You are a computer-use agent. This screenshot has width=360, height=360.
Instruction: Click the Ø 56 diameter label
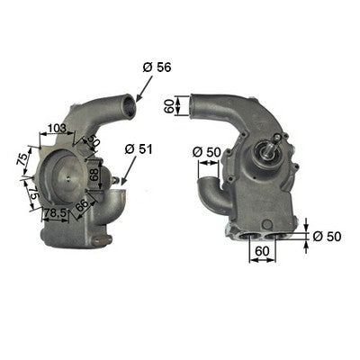[x=157, y=67]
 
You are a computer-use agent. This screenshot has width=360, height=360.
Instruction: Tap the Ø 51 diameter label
[x=139, y=149]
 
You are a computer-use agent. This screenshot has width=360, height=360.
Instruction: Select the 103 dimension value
[x=57, y=129]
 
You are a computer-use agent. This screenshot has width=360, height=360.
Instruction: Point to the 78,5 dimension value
[x=55, y=213]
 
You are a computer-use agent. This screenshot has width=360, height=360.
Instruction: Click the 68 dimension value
[x=94, y=174]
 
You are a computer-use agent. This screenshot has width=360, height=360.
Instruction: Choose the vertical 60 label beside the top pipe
[x=169, y=106]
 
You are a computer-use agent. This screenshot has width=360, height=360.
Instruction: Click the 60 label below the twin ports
[x=262, y=251]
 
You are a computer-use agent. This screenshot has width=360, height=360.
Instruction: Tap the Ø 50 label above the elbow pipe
[x=207, y=152]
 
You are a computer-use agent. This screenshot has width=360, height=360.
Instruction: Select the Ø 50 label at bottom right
[x=327, y=237]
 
